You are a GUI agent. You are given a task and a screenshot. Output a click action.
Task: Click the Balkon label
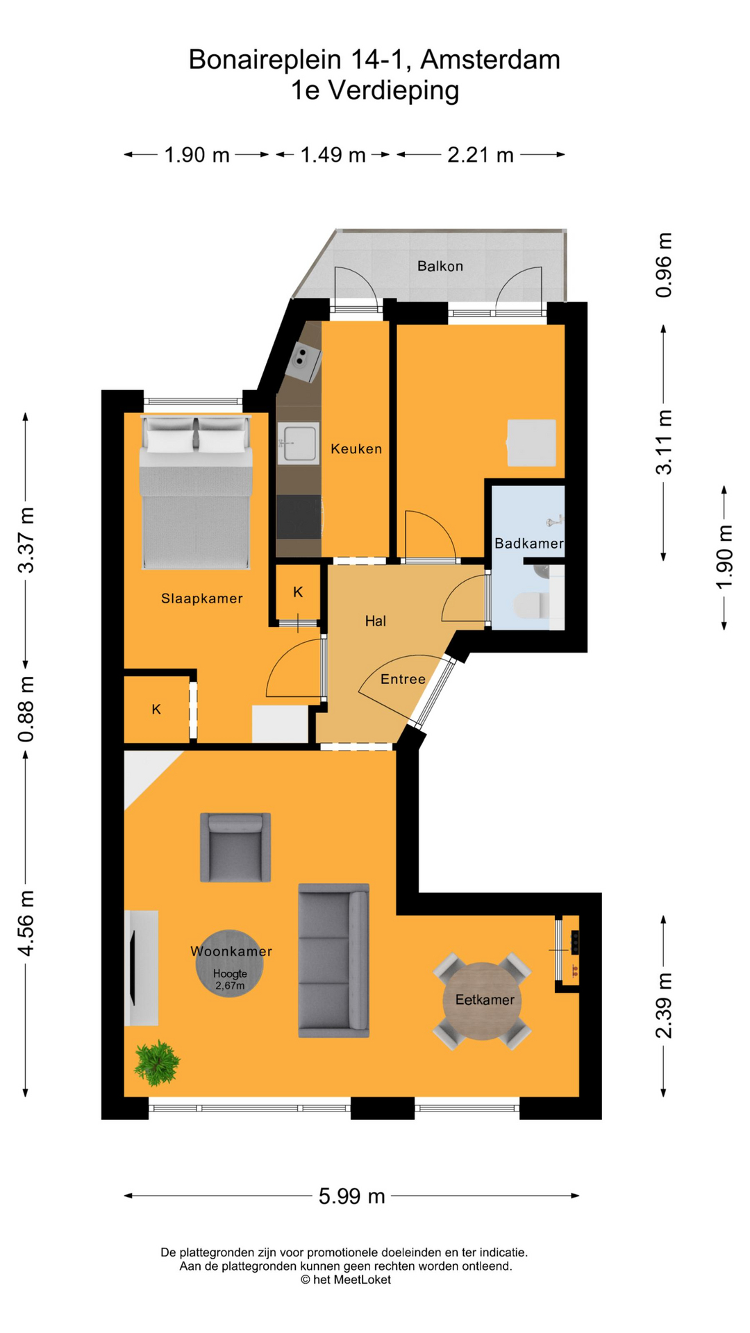pos(440,266)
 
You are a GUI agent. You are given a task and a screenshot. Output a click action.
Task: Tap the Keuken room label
pos(356,449)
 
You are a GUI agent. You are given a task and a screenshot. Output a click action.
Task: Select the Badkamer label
pos(528,544)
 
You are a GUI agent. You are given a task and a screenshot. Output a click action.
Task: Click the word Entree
pos(403,679)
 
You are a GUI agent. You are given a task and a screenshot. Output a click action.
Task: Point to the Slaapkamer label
pos(202,598)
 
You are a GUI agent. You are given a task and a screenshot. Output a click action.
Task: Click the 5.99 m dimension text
pos(351,1196)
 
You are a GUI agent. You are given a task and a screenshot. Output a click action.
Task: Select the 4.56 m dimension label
pos(26,923)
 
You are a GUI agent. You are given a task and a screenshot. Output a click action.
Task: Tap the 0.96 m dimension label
pos(664,265)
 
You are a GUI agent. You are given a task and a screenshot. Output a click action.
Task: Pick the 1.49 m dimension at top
pos(333,155)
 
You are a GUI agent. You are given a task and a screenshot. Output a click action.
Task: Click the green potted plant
pos(157,1062)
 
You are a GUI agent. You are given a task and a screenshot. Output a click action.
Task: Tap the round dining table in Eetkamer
pos(482,1000)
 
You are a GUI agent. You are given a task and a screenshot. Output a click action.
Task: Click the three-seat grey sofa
pos(333,960)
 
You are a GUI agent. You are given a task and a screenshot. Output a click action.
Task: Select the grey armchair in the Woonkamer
pos(235,848)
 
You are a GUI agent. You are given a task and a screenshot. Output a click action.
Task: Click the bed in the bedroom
pos(196,493)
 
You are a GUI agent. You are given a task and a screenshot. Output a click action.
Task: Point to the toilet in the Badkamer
pos(532,605)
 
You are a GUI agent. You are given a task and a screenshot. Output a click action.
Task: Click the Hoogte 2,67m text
pos(230,980)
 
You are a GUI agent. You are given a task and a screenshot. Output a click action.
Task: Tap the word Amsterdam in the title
pos(490,60)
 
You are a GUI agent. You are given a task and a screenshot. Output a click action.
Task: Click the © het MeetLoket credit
pos(345,1280)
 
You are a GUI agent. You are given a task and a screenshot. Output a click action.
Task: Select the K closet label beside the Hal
pos(298,592)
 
